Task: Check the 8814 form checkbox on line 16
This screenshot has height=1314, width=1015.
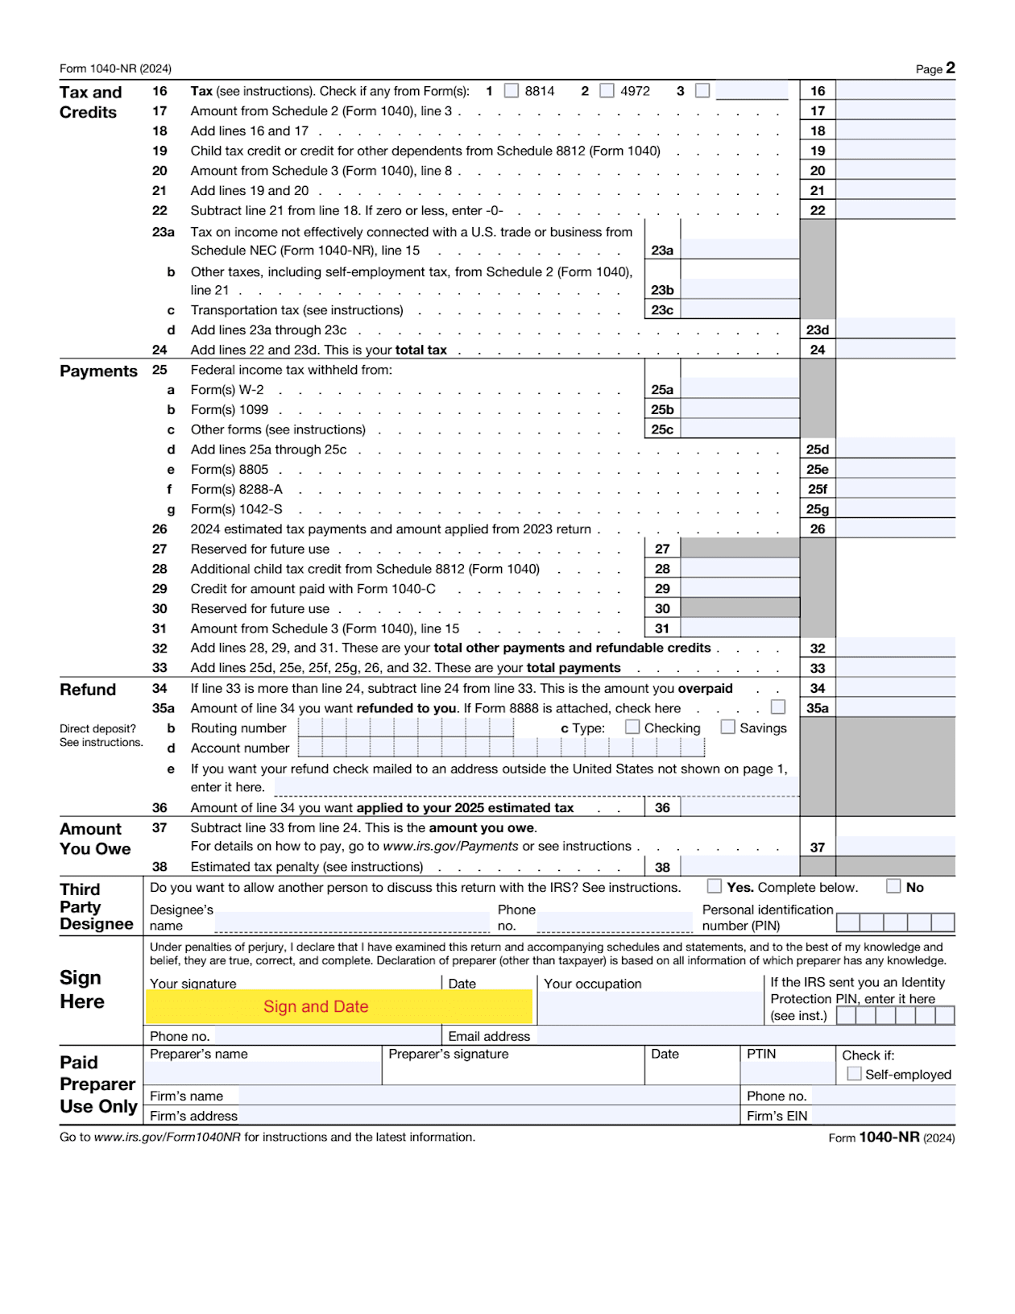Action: pyautogui.click(x=512, y=91)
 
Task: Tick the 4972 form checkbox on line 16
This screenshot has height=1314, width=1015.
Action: pyautogui.click(x=607, y=91)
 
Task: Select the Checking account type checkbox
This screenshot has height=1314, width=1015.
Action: pyautogui.click(x=632, y=727)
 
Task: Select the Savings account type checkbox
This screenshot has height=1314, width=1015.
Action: pyautogui.click(x=728, y=727)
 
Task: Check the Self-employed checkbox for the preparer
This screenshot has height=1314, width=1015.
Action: pyautogui.click(x=855, y=1074)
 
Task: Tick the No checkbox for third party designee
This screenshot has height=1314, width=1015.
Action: pyautogui.click(x=893, y=886)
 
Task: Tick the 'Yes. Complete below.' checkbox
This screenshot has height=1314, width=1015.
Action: pyautogui.click(x=715, y=886)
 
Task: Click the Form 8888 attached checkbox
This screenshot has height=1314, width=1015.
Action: pyautogui.click(x=778, y=707)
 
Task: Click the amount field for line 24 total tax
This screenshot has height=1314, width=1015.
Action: pyautogui.click(x=896, y=350)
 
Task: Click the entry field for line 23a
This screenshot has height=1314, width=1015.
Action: pyautogui.click(x=739, y=250)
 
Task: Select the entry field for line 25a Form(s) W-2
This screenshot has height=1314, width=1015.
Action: pyautogui.click(x=739, y=389)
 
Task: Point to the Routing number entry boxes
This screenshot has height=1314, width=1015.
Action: pyautogui.click(x=405, y=727)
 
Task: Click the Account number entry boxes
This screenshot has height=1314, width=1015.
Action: pyautogui.click(x=501, y=748)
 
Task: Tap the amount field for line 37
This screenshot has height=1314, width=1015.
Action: pyautogui.click(x=896, y=847)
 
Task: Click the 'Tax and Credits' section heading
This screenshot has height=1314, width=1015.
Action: pyautogui.click(x=90, y=102)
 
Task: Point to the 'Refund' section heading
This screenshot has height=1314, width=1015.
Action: pyautogui.click(x=88, y=690)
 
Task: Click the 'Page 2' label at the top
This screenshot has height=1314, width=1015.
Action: pyautogui.click(x=935, y=68)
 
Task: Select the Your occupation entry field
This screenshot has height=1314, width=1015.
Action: pyautogui.click(x=649, y=1008)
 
